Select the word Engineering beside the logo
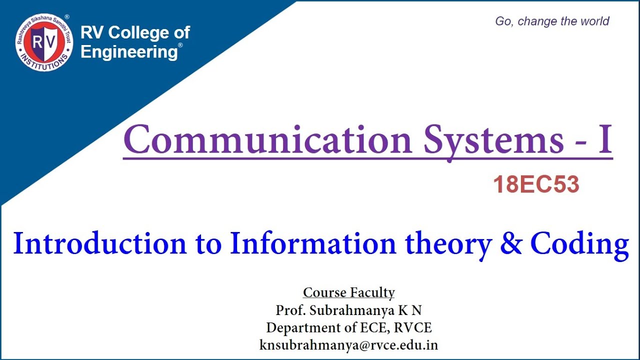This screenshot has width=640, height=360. tap(128, 52)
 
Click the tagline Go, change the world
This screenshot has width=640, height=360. tap(552, 21)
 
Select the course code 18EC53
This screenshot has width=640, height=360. tap(536, 185)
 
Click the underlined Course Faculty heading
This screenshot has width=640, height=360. tap(349, 292)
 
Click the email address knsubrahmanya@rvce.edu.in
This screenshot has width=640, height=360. tap(348, 345)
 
